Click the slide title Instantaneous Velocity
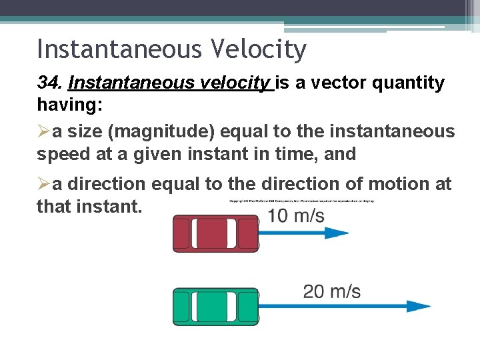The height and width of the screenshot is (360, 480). click(171, 49)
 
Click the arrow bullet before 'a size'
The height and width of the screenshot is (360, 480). click(43, 131)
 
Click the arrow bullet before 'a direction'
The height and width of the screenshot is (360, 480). click(43, 184)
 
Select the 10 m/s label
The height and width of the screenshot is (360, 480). click(296, 216)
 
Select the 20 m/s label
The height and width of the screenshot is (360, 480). click(331, 291)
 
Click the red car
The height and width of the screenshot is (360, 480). click(215, 233)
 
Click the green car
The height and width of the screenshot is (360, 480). click(215, 307)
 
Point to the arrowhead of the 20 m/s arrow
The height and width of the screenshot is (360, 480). click(420, 307)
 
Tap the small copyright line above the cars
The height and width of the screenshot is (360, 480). click(301, 201)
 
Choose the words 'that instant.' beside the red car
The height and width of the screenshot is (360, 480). click(89, 206)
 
